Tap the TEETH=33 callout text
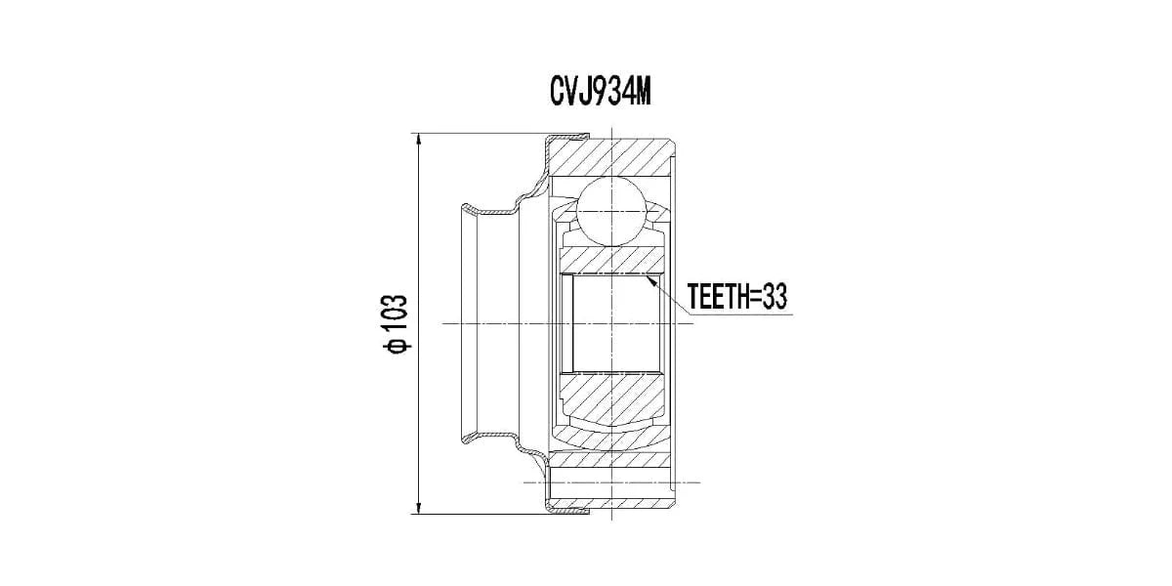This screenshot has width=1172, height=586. pyautogui.click(x=737, y=297)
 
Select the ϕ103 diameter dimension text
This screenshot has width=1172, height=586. pyautogui.click(x=397, y=323)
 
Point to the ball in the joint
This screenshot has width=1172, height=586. pyautogui.click(x=611, y=211)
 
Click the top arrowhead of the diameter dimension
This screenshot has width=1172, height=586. pyautogui.click(x=418, y=142)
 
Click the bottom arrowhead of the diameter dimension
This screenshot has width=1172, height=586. pyautogui.click(x=418, y=507)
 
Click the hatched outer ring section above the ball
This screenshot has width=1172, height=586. pyautogui.click(x=611, y=157)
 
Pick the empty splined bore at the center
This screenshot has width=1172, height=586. pyautogui.click(x=615, y=323)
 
